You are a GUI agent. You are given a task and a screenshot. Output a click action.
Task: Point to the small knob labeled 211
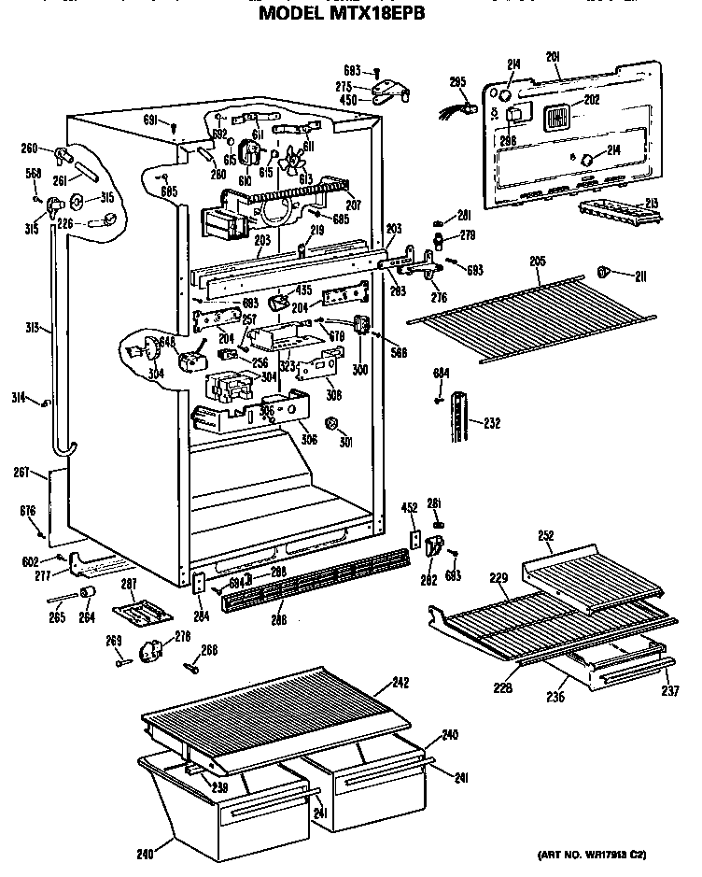pyautogui.click(x=604, y=272)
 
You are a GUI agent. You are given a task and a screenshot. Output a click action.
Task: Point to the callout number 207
pyautogui.click(x=353, y=204)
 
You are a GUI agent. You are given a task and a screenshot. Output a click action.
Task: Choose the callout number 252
pyautogui.click(x=546, y=535)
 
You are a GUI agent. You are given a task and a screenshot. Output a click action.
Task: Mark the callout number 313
pyautogui.click(x=31, y=327)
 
